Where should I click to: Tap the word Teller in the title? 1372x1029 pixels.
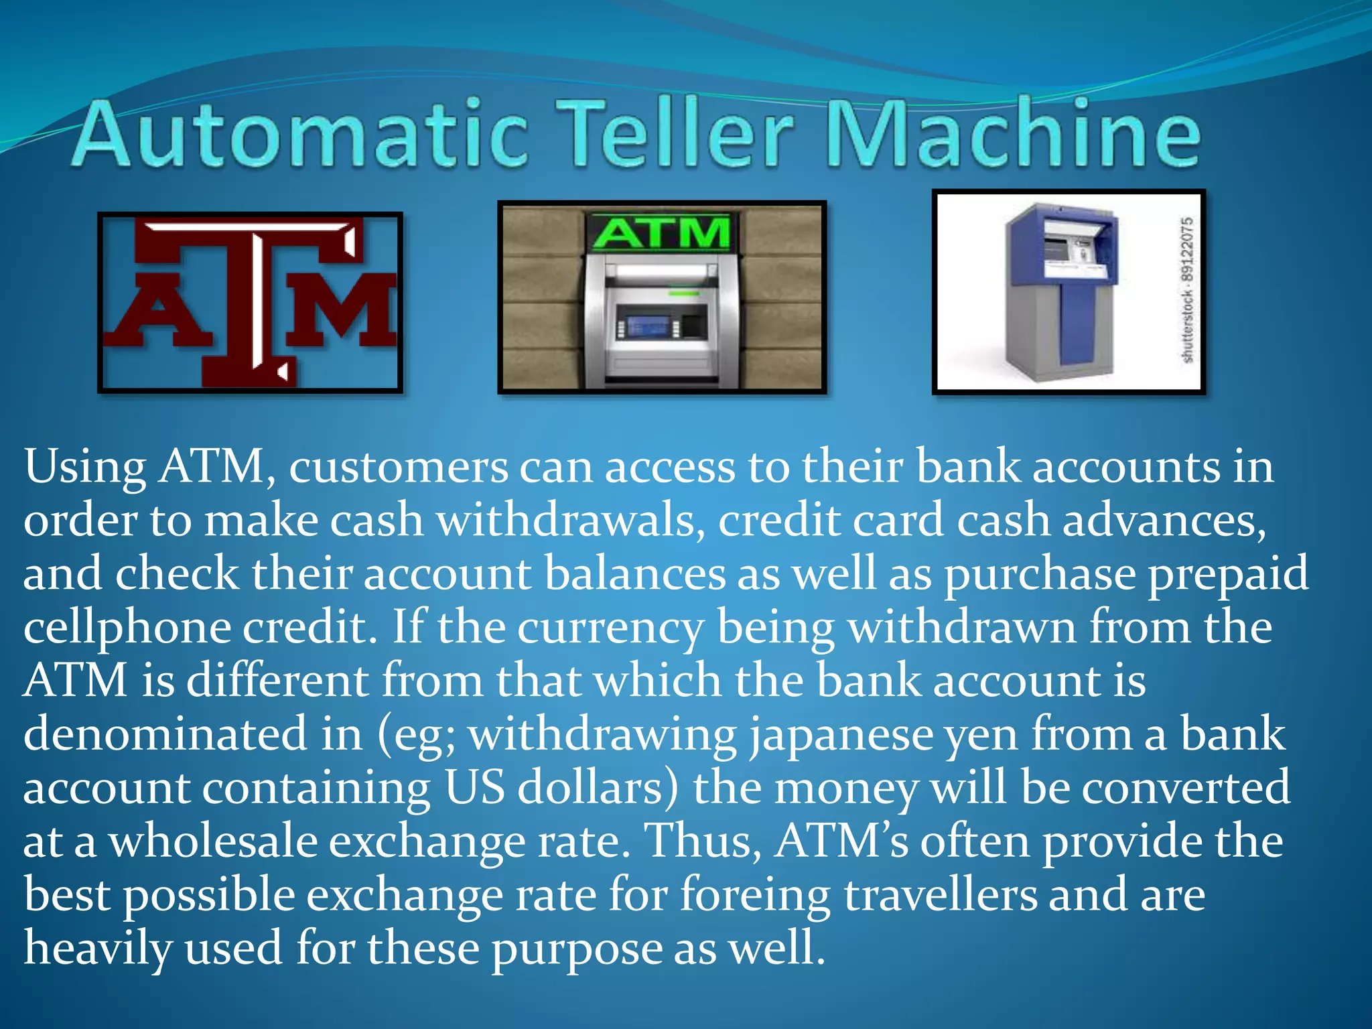[x=677, y=134]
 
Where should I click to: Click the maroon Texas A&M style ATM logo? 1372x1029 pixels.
[x=250, y=302]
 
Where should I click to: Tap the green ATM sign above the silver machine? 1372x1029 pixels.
[x=661, y=232]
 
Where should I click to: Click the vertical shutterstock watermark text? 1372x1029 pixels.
[x=1186, y=290]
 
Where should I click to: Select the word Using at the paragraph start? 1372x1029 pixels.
[x=85, y=468]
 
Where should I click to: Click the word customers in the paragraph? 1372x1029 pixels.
[x=398, y=468]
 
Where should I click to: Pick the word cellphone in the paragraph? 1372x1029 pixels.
[x=127, y=628]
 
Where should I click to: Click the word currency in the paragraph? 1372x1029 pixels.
[x=610, y=628]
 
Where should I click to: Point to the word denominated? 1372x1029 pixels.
[x=165, y=734]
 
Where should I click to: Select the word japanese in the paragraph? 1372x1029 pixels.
[x=840, y=734]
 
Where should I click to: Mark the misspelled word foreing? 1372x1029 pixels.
[x=754, y=895]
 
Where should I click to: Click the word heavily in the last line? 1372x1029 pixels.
[x=98, y=949]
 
